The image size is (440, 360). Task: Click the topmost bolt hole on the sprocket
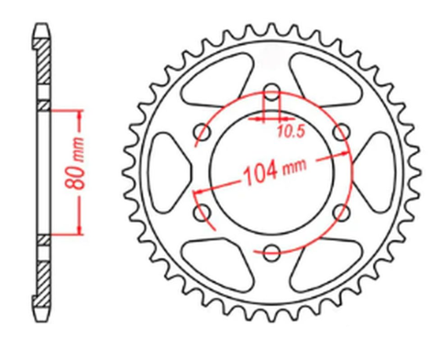pyautogui.click(x=272, y=92)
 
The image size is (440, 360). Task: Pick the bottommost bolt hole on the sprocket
pyautogui.click(x=272, y=251)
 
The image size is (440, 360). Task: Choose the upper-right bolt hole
pyautogui.click(x=342, y=132)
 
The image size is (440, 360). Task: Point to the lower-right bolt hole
pyautogui.click(x=342, y=212)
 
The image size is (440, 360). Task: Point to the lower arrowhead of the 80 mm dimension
pyautogui.click(x=81, y=230)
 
